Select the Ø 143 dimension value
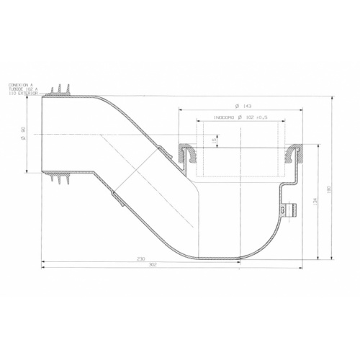click(242, 104)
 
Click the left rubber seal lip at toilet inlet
click(184, 153)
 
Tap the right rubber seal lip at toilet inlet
click(294, 153)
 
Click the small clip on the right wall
click(292, 210)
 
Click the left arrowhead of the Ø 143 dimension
click(178, 109)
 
